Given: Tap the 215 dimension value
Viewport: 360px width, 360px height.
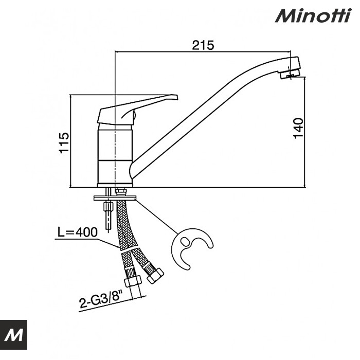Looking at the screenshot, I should click(203, 45).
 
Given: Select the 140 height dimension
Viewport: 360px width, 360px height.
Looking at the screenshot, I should click(298, 128).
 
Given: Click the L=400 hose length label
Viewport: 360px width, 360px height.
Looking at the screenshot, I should click(77, 232).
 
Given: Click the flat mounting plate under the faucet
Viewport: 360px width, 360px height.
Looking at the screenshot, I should click(115, 197).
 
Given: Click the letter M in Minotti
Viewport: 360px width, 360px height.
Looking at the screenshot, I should click(284, 15).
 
